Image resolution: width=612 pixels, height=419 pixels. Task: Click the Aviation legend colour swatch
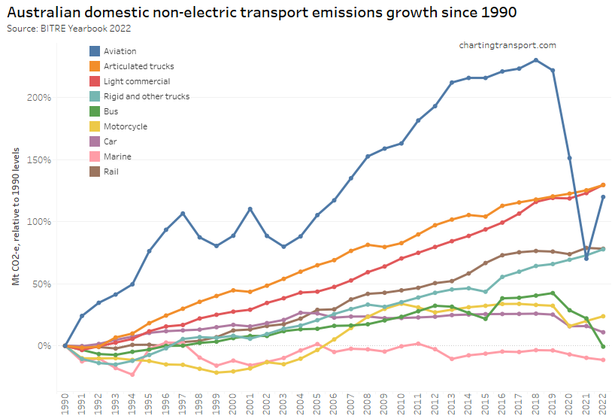(x=95, y=51)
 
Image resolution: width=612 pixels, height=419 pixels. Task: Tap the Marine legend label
(x=117, y=156)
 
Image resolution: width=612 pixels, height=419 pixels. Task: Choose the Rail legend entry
(x=112, y=172)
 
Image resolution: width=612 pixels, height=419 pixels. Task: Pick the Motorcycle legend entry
(x=125, y=126)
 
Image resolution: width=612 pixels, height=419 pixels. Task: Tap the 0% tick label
(x=45, y=346)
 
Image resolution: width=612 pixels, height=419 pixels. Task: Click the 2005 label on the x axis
(x=317, y=402)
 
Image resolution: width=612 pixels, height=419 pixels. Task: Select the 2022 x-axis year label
(x=603, y=402)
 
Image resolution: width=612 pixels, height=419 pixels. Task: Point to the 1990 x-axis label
(x=65, y=402)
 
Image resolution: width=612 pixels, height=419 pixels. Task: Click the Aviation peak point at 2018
(x=535, y=60)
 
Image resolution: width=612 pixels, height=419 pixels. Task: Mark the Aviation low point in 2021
(x=586, y=258)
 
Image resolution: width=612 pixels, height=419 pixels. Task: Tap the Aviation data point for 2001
(x=250, y=209)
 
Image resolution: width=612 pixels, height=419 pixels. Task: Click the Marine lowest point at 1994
(x=132, y=375)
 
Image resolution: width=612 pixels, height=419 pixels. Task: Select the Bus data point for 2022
(x=603, y=346)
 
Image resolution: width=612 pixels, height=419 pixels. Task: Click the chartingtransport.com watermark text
(x=507, y=45)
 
